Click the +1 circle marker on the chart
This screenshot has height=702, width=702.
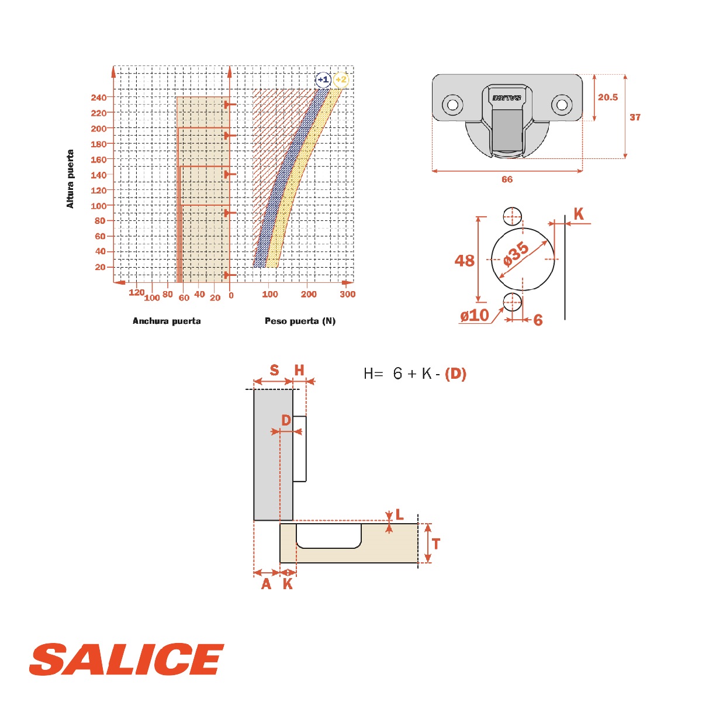[323, 79]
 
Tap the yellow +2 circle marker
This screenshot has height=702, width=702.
[341, 79]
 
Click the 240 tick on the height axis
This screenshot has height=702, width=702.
[99, 98]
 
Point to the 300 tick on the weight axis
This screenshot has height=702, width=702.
[347, 294]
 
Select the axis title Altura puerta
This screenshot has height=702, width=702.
[70, 178]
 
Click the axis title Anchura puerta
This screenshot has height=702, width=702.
[167, 321]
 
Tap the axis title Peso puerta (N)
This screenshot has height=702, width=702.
[300, 321]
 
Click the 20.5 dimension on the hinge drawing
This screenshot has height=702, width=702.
[608, 97]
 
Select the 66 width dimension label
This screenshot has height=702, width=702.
[507, 179]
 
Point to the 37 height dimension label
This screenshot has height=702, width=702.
[635, 117]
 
